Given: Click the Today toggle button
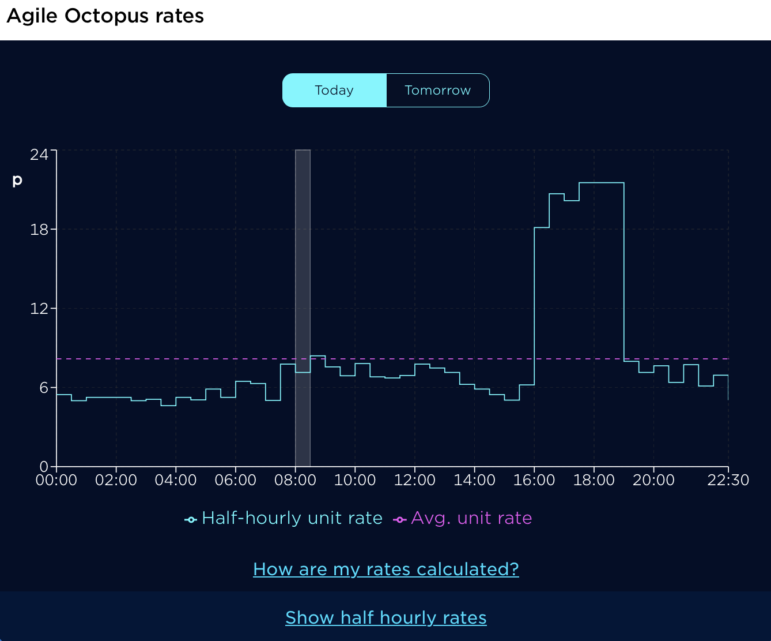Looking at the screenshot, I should tap(334, 91).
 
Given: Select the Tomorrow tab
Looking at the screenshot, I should tap(437, 91).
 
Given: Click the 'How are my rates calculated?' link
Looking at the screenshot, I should tap(385, 569).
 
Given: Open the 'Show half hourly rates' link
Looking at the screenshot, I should tap(385, 618).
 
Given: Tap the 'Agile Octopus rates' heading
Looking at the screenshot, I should tap(105, 16).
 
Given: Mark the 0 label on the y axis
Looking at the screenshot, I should tap(44, 466).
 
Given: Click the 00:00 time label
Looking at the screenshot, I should tap(56, 481).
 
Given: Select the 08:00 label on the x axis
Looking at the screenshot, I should tap(295, 481).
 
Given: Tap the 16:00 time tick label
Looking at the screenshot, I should tap(534, 481).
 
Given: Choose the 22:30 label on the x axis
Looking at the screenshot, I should tap(728, 481).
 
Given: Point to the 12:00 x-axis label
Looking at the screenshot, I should tap(415, 481).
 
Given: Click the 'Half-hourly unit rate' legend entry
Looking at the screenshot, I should tap(284, 519).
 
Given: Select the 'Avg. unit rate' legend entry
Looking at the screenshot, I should tap(463, 519).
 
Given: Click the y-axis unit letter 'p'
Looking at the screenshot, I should tap(17, 180).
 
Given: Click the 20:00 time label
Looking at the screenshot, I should tap(653, 481).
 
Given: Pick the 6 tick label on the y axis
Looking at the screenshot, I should tap(44, 388).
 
